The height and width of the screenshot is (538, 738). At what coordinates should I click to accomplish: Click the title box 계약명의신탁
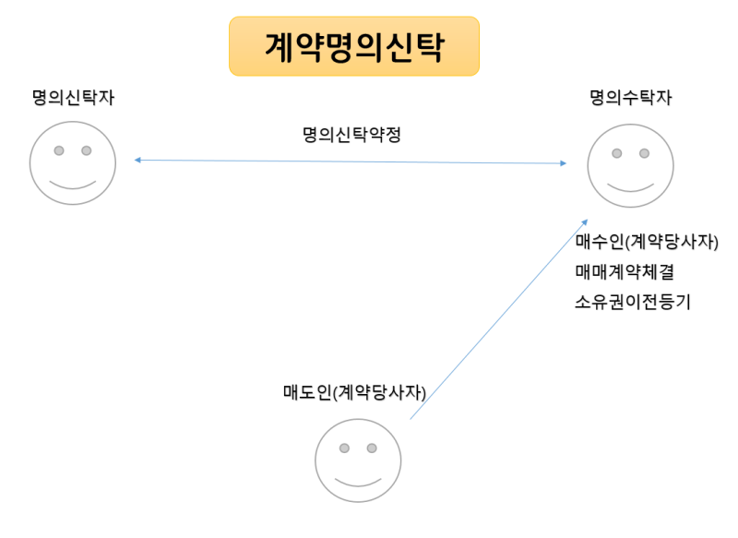(x=354, y=46)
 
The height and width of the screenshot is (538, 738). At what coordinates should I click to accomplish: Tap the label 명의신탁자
(x=73, y=97)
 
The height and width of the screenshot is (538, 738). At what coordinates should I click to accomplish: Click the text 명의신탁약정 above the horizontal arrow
(x=351, y=135)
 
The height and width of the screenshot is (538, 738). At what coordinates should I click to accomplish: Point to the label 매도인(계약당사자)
(x=355, y=391)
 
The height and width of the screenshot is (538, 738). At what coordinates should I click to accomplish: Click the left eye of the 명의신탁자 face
(x=59, y=150)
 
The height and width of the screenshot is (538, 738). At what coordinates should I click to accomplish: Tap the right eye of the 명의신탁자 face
(x=87, y=150)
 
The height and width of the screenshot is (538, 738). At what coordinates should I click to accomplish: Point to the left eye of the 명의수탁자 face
(x=617, y=153)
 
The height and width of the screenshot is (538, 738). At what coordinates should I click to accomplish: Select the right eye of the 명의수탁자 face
(x=645, y=153)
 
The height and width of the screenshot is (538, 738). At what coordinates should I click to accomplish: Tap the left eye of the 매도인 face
(x=344, y=448)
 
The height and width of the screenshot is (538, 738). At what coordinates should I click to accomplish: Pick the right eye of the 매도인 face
(x=372, y=448)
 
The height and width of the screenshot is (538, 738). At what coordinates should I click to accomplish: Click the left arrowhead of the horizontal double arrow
(x=137, y=161)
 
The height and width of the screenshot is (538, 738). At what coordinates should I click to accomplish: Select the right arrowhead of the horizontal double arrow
(x=564, y=163)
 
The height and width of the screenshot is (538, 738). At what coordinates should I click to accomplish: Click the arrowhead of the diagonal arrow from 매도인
(x=584, y=221)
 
